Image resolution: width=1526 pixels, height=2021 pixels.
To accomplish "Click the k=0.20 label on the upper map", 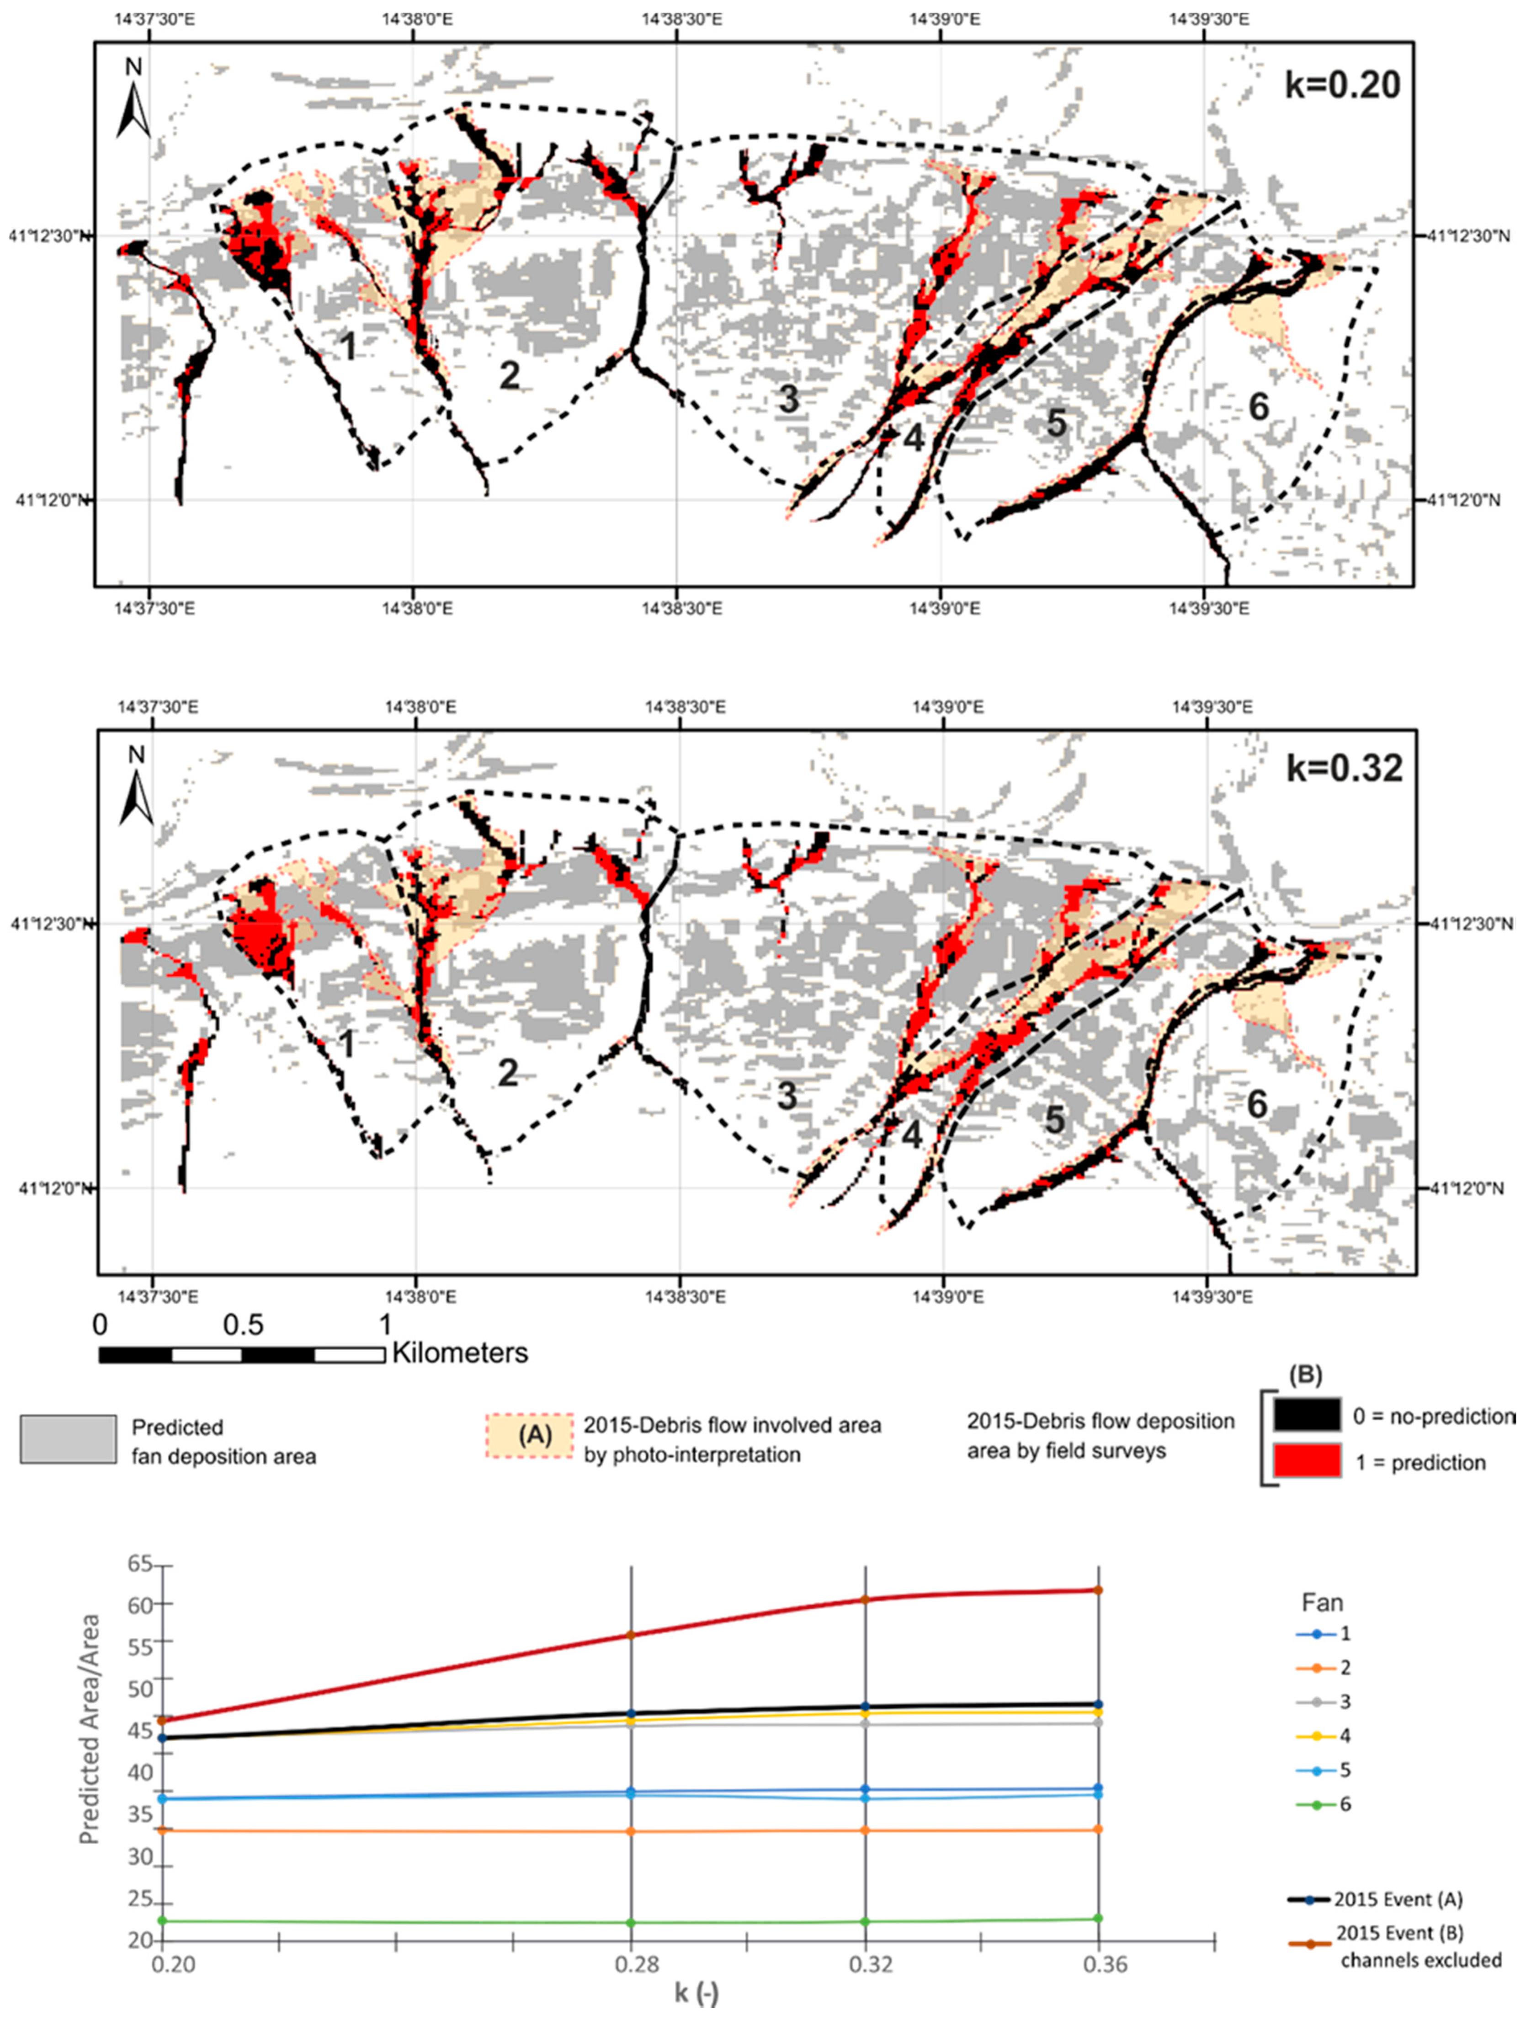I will pos(1342,85).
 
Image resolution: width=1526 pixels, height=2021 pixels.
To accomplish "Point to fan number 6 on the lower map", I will pos(1258,1105).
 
